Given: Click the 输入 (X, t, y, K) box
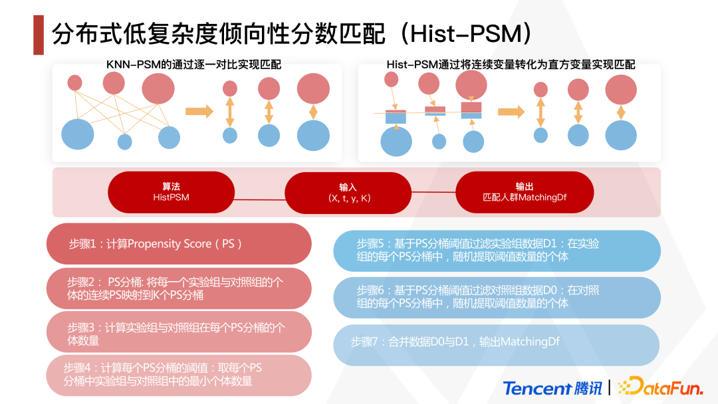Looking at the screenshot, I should tap(348, 193).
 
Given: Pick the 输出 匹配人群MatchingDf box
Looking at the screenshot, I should tap(524, 192).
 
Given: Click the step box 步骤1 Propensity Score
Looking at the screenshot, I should tap(179, 244).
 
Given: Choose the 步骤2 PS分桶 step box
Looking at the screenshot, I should tap(179, 288).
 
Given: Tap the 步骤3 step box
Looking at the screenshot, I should tap(179, 334).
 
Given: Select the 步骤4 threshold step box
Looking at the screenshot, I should tap(179, 375).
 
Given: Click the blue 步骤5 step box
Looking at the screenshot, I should tap(497, 251).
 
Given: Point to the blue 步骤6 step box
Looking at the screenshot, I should tap(497, 296).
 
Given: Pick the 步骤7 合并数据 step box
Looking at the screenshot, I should tap(497, 342).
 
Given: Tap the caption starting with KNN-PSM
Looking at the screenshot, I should tap(193, 64).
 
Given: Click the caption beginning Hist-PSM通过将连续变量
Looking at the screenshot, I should tap(511, 64).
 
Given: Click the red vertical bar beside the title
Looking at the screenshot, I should tap(39, 35).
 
